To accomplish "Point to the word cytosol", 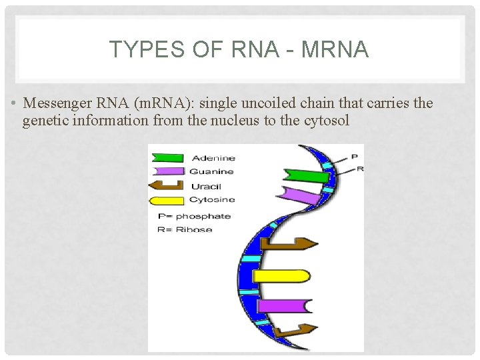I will click(x=327, y=121).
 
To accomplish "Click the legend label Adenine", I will click(x=213, y=158).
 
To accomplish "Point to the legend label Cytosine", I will click(x=212, y=200).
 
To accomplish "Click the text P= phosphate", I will click(x=194, y=216).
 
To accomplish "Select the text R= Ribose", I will click(x=185, y=229).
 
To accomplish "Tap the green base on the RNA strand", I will click(x=305, y=177).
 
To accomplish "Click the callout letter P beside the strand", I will click(x=354, y=157).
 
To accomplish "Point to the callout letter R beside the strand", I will click(x=360, y=169).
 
